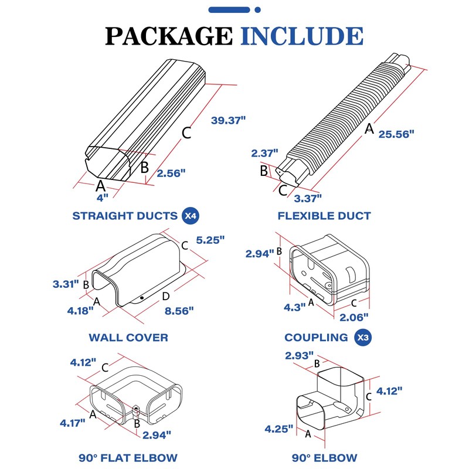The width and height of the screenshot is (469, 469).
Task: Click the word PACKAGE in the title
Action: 168,36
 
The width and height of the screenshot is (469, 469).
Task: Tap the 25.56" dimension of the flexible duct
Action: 396,133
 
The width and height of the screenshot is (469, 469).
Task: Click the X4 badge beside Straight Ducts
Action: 190,216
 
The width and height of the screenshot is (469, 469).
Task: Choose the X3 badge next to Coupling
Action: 364,337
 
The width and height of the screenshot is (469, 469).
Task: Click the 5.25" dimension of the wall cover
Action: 210,240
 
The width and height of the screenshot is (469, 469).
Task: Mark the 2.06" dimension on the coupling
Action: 354,317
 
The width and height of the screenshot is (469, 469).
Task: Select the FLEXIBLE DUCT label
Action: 324,216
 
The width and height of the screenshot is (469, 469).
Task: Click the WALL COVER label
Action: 128,338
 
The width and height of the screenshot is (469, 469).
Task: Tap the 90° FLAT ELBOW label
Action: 128,457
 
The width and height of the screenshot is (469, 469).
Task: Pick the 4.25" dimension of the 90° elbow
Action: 278,429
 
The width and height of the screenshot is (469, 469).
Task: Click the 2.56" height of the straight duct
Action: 171,172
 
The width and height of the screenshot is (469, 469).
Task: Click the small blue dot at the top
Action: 258,10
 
